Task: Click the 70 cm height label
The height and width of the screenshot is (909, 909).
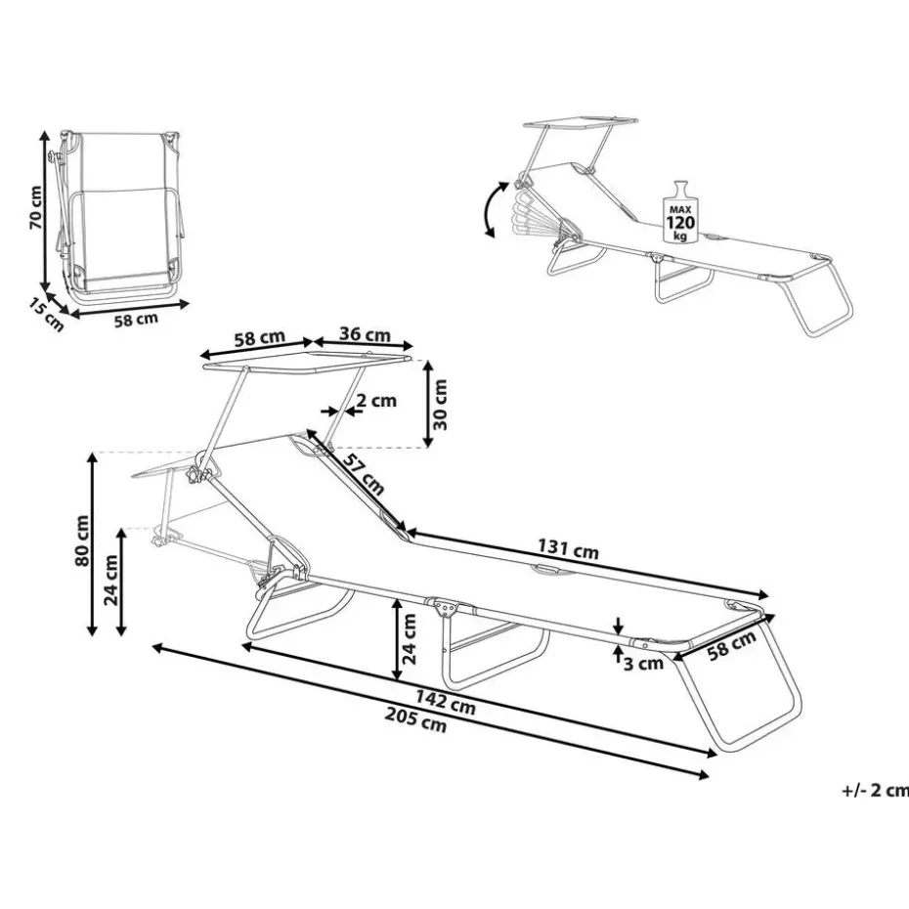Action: pos(34,207)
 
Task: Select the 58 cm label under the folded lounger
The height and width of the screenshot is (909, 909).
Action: pos(135,321)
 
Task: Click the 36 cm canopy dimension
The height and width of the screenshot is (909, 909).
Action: pos(364,335)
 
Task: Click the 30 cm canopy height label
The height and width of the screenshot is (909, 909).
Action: pos(441,405)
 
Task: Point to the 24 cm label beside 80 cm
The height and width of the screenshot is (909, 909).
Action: pos(113,582)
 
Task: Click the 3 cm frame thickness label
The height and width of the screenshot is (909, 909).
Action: pos(644,664)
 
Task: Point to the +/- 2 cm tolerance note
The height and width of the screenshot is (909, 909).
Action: pos(874,791)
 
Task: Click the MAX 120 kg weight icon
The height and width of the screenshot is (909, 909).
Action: pos(680,211)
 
